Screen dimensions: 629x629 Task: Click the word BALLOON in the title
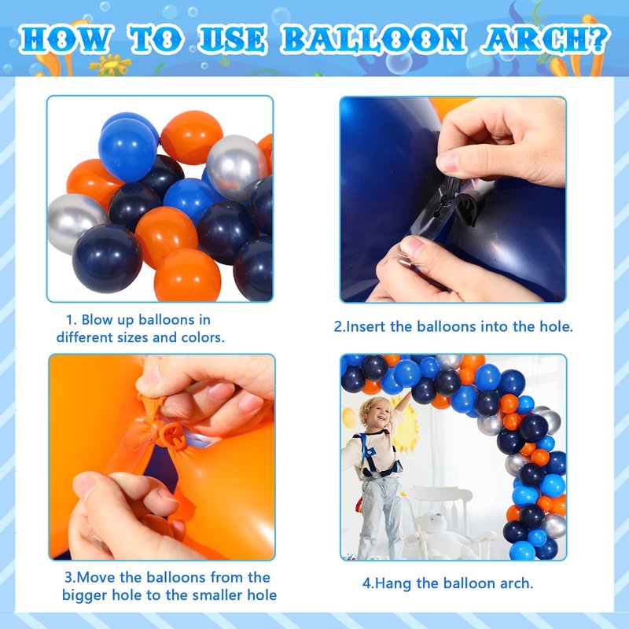click(373, 39)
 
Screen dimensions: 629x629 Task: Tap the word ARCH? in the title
click(546, 39)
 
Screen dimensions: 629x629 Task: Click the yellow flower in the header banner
click(110, 64)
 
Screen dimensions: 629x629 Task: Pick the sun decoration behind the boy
click(406, 426)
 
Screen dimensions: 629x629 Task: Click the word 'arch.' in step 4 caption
click(517, 583)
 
